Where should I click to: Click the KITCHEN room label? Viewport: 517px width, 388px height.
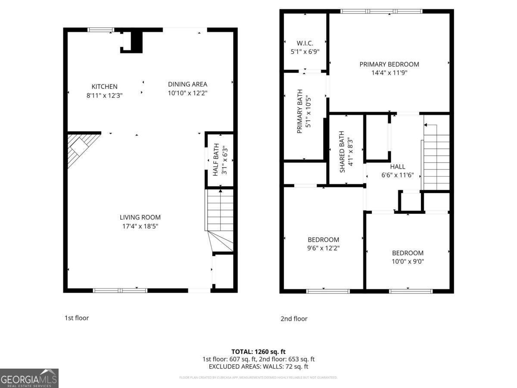[x=104, y=87]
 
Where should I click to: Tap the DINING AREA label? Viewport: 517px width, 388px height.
[x=187, y=84]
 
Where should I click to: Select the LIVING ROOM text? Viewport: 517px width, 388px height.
[x=140, y=217]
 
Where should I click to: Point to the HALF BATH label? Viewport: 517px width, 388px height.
[x=216, y=160]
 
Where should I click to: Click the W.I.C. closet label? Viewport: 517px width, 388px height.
[x=305, y=43]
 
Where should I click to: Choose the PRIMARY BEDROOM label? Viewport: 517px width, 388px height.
[x=389, y=64]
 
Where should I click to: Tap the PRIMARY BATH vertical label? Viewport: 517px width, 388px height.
[x=300, y=111]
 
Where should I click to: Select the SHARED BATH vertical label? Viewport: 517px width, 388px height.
[x=342, y=152]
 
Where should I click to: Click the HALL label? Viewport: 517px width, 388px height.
[x=397, y=166]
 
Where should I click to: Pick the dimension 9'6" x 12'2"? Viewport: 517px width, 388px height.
[x=324, y=248]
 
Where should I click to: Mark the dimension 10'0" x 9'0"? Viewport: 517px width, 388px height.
[x=408, y=261]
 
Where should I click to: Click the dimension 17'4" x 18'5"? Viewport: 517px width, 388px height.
[x=140, y=226]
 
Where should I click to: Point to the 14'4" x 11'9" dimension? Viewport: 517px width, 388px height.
[x=389, y=73]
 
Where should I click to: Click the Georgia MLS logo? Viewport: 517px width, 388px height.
[x=29, y=378]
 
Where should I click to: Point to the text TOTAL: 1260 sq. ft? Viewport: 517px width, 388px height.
[x=258, y=351]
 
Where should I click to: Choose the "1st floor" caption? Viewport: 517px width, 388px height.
[x=77, y=318]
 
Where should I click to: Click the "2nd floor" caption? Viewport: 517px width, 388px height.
[x=294, y=319]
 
